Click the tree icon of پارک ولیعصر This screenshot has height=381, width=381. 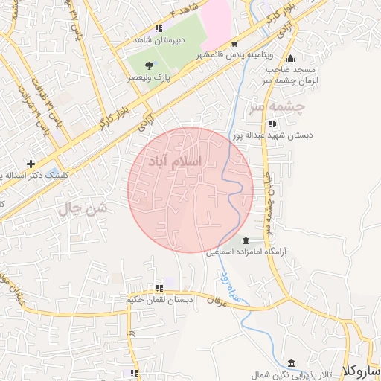click(x=150, y=66)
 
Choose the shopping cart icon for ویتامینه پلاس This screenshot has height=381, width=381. click(x=235, y=44)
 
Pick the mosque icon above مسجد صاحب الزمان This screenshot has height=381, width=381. click(x=290, y=59)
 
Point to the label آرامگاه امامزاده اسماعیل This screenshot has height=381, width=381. click(x=247, y=253)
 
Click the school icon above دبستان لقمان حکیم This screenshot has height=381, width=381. click(x=159, y=288)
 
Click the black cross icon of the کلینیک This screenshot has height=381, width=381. click(x=31, y=164)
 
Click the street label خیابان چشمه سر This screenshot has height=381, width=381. click(x=270, y=198)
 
